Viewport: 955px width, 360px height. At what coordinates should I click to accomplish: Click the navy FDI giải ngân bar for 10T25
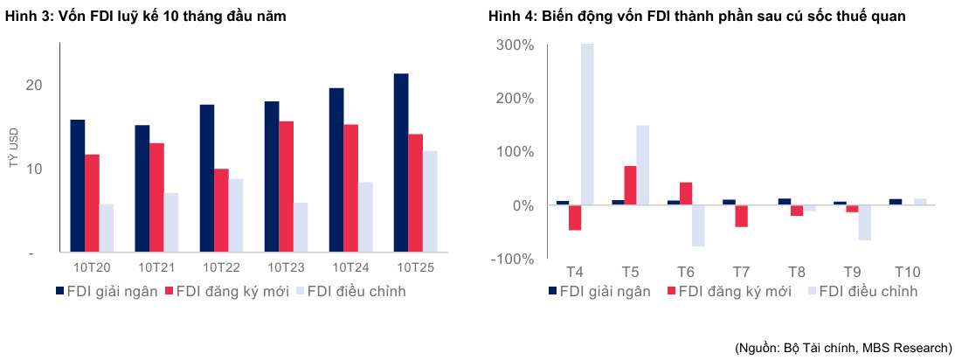(x=401, y=163)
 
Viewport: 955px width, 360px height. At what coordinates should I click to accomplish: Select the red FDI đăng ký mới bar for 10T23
(x=286, y=187)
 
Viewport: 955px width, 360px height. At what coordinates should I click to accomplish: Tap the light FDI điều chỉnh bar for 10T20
(x=106, y=229)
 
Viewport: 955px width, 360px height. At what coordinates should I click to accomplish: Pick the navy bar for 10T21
(x=142, y=189)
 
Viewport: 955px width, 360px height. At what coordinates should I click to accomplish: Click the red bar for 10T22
(x=221, y=211)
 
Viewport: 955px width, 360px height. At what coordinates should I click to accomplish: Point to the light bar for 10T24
(x=365, y=218)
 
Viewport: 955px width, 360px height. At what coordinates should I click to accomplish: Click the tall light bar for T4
(x=587, y=124)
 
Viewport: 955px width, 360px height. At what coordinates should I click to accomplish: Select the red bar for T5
(x=630, y=185)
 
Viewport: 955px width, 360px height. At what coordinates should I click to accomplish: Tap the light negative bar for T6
(x=698, y=225)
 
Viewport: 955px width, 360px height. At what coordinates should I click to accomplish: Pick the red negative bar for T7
(x=741, y=216)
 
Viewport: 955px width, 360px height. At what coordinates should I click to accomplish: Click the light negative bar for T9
(x=864, y=223)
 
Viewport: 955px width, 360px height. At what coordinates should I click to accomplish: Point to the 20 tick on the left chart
(x=34, y=85)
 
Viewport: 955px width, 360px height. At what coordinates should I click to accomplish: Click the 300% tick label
(x=515, y=44)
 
